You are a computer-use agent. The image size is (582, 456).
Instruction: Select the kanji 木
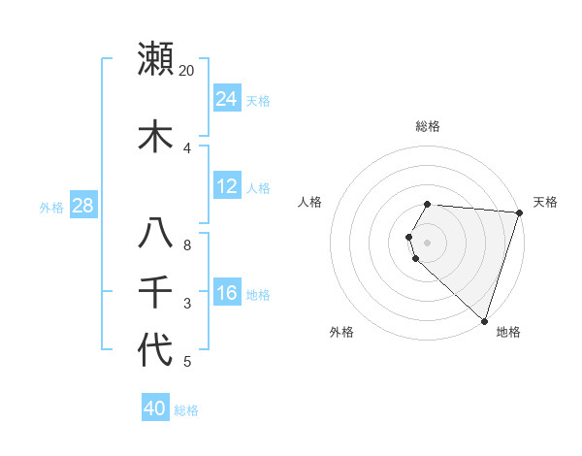(x=156, y=135)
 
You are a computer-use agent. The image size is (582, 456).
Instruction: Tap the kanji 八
(x=156, y=234)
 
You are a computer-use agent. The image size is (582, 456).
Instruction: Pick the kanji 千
(x=156, y=291)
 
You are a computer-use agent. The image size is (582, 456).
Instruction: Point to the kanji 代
(x=156, y=349)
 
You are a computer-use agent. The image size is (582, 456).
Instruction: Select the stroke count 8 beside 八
(x=187, y=245)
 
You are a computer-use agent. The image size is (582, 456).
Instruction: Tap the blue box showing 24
(x=227, y=99)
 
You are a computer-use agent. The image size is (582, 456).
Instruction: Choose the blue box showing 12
(x=227, y=186)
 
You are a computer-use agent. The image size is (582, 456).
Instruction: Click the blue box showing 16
(x=227, y=294)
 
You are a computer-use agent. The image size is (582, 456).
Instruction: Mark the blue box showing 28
(x=82, y=207)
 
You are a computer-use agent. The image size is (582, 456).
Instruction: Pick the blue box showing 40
(x=155, y=408)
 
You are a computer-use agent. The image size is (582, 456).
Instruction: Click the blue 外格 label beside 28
(x=51, y=208)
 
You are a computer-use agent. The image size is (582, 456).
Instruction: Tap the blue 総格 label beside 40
(x=186, y=410)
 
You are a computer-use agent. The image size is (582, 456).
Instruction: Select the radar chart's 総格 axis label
(x=428, y=126)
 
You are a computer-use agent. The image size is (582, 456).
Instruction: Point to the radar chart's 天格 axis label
(x=545, y=202)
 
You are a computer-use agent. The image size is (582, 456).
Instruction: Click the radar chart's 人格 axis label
(x=310, y=202)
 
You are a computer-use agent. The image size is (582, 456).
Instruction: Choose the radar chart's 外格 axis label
(x=341, y=332)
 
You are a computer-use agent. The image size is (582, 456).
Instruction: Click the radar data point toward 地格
(x=484, y=320)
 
